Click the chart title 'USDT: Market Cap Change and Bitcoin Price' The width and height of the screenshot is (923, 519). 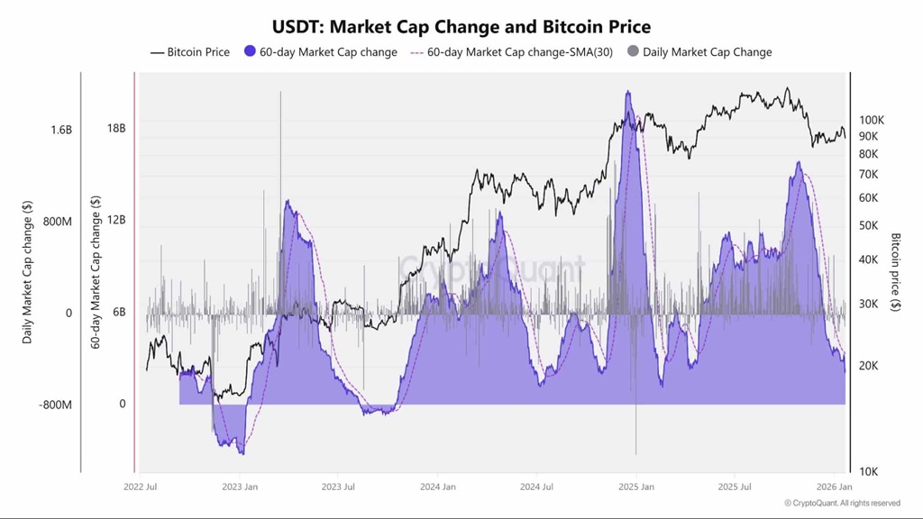point(461,27)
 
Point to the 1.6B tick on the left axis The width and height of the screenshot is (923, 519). point(60,130)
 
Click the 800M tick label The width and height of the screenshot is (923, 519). point(57,222)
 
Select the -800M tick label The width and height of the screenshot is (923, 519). point(55,405)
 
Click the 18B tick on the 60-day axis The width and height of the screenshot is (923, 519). point(116,128)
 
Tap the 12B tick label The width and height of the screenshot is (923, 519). point(116,221)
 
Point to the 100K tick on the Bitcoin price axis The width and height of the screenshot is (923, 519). point(871,120)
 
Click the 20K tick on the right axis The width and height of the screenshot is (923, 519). point(868,366)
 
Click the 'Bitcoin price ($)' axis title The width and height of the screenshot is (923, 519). point(895,271)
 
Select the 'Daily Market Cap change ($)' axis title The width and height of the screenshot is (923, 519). point(27,271)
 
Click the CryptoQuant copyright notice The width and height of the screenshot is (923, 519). point(841,504)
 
